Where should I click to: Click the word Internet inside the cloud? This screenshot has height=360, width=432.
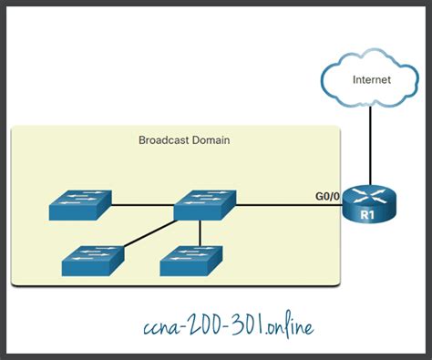(373, 80)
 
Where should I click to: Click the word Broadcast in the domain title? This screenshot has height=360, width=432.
(159, 140)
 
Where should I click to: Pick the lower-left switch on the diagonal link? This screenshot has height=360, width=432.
(92, 261)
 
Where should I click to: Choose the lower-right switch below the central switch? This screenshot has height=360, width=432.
(190, 261)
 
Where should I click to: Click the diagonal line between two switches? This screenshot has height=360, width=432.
(146, 233)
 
